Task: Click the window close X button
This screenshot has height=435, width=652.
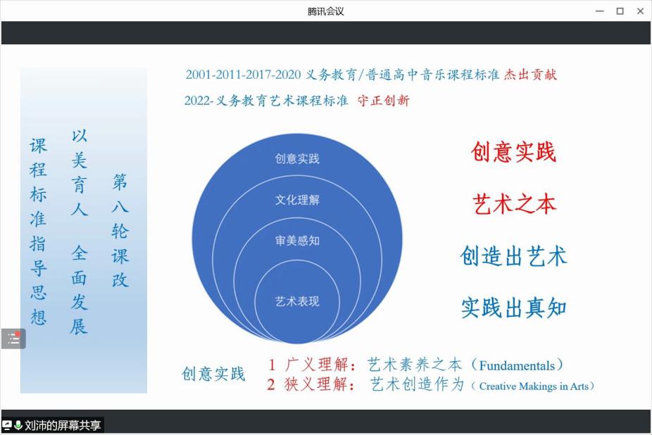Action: [640, 11]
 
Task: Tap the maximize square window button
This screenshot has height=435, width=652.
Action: [620, 11]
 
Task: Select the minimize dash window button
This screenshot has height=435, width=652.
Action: [600, 11]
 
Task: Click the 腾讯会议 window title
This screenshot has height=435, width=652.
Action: [325, 11]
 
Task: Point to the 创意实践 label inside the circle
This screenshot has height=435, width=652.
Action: [297, 158]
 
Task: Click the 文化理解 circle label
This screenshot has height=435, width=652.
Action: [297, 200]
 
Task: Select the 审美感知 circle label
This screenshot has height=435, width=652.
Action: [297, 240]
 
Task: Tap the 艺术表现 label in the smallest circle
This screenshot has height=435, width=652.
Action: [297, 301]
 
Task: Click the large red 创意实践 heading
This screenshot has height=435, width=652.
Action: [513, 151]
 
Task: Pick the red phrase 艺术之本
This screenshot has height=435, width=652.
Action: [514, 204]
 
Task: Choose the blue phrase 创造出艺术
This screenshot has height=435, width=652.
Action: [513, 256]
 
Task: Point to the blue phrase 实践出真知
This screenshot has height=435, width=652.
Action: [513, 308]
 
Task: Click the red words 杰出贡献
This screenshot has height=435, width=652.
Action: [530, 75]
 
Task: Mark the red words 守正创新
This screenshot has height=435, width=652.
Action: [383, 100]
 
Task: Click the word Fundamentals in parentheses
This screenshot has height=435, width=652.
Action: [517, 365]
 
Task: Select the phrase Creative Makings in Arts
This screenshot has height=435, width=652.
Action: [534, 386]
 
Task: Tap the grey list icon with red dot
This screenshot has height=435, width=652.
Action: [13, 339]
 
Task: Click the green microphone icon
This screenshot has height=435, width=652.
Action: [18, 425]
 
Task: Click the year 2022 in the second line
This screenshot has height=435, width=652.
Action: [198, 101]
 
